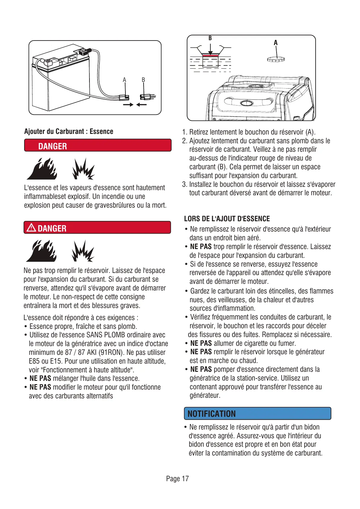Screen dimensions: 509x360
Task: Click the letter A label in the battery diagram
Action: click(x=124, y=80)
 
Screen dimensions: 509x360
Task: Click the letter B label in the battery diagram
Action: click(x=143, y=80)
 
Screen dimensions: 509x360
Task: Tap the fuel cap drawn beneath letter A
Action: click(x=276, y=59)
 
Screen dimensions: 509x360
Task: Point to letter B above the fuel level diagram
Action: click(x=210, y=38)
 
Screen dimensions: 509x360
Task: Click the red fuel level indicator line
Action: click(x=210, y=56)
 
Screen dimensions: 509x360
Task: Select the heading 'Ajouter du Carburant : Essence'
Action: click(x=69, y=131)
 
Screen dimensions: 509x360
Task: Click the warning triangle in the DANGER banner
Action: click(x=31, y=228)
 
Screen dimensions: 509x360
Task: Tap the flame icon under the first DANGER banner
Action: click(x=42, y=169)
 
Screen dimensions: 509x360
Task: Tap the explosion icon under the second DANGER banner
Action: click(x=83, y=251)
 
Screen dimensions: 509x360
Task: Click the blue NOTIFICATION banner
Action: click(x=257, y=413)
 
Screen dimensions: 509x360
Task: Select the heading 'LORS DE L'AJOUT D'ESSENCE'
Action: click(x=227, y=219)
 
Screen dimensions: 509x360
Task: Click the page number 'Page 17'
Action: click(x=177, y=479)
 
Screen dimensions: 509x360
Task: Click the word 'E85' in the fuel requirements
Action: click(x=34, y=361)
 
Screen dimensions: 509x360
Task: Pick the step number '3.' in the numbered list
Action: click(x=185, y=184)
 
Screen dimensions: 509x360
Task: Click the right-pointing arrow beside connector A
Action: click(x=128, y=105)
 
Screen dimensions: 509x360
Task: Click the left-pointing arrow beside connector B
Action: click(x=141, y=105)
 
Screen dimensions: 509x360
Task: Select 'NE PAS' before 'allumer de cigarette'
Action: click(x=201, y=343)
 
